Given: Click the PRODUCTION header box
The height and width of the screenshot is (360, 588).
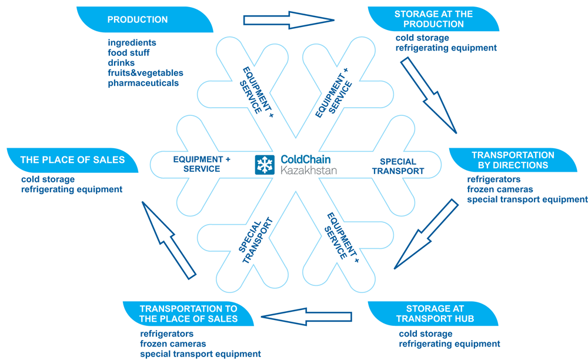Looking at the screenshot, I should click(137, 19).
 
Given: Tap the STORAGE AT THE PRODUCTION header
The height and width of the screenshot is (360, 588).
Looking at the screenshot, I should click(433, 19).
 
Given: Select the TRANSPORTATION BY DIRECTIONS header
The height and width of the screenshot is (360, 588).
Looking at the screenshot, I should click(509, 160).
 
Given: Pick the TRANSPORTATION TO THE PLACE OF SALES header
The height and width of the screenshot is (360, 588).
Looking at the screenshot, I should click(188, 314).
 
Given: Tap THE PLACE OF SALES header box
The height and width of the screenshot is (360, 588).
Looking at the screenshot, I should click(72, 160).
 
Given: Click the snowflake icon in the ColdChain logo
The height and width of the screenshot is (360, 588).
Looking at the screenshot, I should click(265, 165).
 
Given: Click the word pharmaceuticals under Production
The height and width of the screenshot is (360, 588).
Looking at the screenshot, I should click(143, 83).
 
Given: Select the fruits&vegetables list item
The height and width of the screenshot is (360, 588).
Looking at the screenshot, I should click(145, 73).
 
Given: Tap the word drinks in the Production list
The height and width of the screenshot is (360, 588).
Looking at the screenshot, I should click(121, 63).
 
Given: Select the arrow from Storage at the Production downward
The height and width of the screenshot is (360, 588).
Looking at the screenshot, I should click(429, 94).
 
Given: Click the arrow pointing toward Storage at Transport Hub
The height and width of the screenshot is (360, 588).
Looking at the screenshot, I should click(425, 235).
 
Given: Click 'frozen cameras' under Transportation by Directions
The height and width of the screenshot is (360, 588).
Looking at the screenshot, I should click(500, 189).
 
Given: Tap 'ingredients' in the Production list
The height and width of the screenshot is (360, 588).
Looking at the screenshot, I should click(132, 43).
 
